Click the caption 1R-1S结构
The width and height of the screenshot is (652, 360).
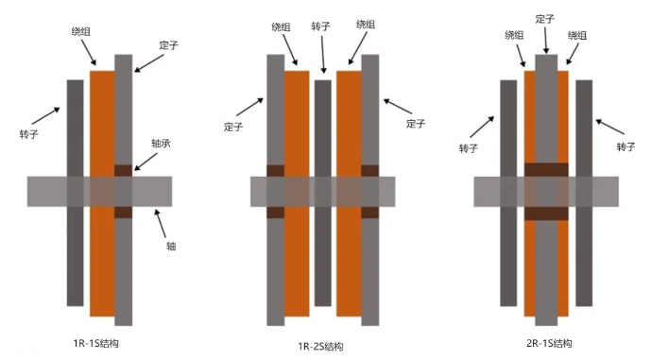point(96,343)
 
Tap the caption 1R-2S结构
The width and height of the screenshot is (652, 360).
point(320,346)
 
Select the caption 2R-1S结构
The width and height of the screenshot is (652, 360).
point(549,343)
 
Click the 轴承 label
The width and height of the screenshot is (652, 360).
point(161,144)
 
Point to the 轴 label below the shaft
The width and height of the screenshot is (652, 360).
point(171,246)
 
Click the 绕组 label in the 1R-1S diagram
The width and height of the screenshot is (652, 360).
point(80,31)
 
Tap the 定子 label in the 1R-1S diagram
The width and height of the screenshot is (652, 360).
point(168,45)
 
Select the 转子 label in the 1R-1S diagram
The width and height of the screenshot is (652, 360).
point(28,134)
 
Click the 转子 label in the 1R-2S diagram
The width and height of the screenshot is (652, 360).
point(320,26)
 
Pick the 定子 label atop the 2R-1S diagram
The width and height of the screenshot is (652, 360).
point(544,19)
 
